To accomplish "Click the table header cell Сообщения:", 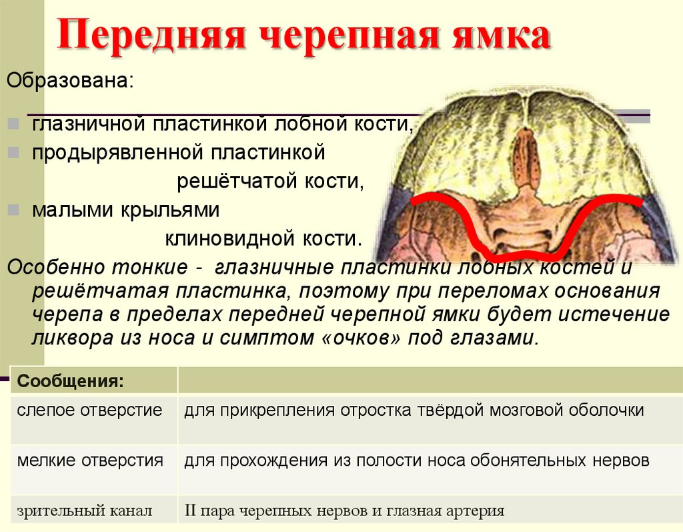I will [70, 382].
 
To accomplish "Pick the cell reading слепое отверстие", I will [89, 409].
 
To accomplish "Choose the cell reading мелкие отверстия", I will [90, 460].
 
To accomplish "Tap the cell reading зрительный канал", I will [85, 511].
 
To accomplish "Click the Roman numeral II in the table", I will [191, 511].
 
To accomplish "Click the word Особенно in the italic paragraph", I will [50, 267].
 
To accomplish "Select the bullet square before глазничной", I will [15, 125].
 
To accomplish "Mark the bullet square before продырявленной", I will [15, 154].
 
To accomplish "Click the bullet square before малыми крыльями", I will [15, 210].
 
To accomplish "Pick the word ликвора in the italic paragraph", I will [67, 337].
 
